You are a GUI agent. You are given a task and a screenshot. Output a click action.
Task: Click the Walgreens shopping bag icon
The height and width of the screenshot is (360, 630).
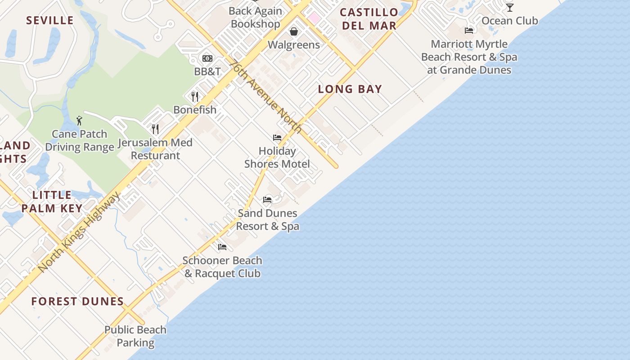pyautogui.click(x=294, y=31)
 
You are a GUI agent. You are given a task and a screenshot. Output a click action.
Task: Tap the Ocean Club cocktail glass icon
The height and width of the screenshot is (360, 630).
pyautogui.click(x=509, y=8)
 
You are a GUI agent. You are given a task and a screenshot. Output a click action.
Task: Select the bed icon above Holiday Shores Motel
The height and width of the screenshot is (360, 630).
pyautogui.click(x=277, y=138)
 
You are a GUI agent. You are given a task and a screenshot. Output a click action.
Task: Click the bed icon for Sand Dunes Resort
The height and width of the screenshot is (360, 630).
pyautogui.click(x=267, y=200)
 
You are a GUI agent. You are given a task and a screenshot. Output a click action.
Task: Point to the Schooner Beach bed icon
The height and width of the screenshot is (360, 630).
pyautogui.click(x=222, y=247)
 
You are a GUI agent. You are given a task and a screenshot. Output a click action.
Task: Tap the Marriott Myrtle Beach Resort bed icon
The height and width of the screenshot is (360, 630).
pyautogui.click(x=469, y=31)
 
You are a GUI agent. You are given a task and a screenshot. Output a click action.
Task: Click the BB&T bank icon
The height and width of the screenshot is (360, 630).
pyautogui.click(x=207, y=58)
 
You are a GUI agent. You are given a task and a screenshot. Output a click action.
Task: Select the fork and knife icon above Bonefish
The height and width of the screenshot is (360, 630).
pyautogui.click(x=195, y=97)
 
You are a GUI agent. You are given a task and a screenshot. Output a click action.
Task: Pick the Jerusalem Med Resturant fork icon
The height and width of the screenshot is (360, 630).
pyautogui.click(x=155, y=130)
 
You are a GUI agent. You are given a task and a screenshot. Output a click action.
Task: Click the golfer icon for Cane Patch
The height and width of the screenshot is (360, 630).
pyautogui.click(x=80, y=121)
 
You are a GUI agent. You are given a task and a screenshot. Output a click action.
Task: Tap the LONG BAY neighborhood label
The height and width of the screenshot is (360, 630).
pyautogui.click(x=350, y=89)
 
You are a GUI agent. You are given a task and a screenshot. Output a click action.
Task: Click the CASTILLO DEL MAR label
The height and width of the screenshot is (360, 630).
pyautogui.click(x=369, y=19)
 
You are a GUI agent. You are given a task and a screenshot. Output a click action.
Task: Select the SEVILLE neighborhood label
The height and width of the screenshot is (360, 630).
pyautogui.click(x=49, y=20)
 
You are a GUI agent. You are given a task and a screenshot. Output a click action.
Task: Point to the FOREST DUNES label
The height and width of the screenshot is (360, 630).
pyautogui.click(x=77, y=301)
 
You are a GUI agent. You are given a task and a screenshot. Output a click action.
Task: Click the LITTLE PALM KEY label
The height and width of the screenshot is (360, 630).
pyautogui.click(x=52, y=202)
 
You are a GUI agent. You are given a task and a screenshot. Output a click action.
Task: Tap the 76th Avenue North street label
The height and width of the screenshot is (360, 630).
pyautogui.click(x=265, y=97)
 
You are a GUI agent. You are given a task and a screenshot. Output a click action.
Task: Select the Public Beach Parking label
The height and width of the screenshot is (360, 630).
pyautogui.click(x=135, y=336)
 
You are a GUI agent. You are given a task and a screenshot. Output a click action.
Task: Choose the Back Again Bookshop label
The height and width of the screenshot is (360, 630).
pyautogui.click(x=256, y=18)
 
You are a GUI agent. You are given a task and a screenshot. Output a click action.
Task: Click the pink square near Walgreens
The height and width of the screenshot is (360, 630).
pyautogui.click(x=314, y=18)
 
